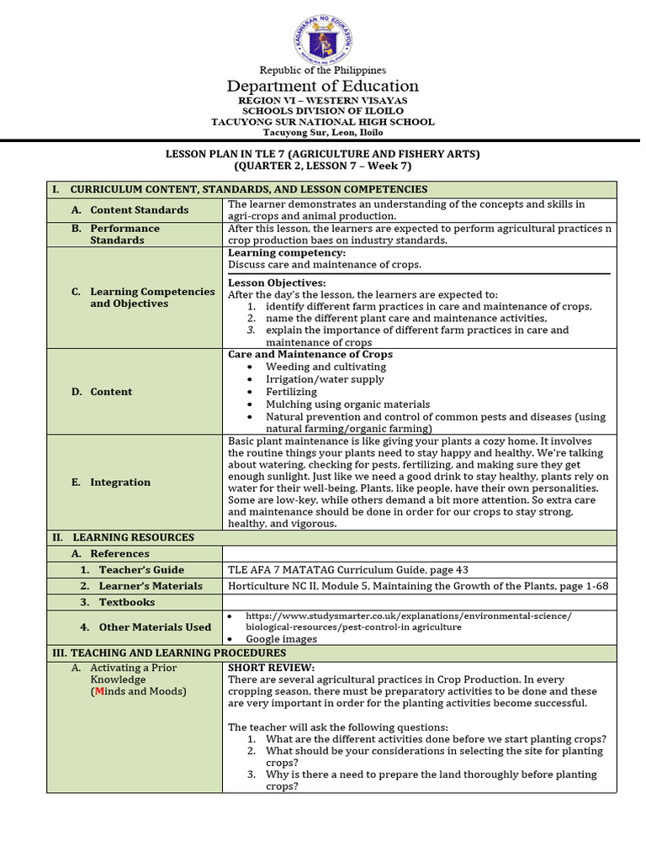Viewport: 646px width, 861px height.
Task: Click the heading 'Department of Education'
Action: click(x=323, y=87)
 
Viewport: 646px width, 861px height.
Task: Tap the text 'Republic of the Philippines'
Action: click(x=323, y=70)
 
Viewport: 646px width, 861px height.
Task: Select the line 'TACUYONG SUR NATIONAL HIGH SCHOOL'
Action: click(x=323, y=122)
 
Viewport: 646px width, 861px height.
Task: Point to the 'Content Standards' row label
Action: click(x=140, y=210)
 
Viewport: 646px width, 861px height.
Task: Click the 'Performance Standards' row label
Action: click(x=124, y=234)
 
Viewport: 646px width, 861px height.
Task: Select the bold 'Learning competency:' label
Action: click(x=287, y=253)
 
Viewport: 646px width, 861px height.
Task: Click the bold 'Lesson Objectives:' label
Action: click(x=277, y=283)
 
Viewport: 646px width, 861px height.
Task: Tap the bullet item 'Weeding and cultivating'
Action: click(x=326, y=367)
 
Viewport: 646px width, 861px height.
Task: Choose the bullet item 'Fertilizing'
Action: click(x=291, y=392)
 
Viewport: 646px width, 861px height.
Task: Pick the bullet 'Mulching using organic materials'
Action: click(x=347, y=404)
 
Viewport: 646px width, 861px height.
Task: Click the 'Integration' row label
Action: click(x=120, y=483)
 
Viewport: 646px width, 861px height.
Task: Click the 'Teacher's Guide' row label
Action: click(x=141, y=570)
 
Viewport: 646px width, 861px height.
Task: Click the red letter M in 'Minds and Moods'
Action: click(x=98, y=691)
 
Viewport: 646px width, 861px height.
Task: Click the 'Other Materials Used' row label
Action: click(x=155, y=627)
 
